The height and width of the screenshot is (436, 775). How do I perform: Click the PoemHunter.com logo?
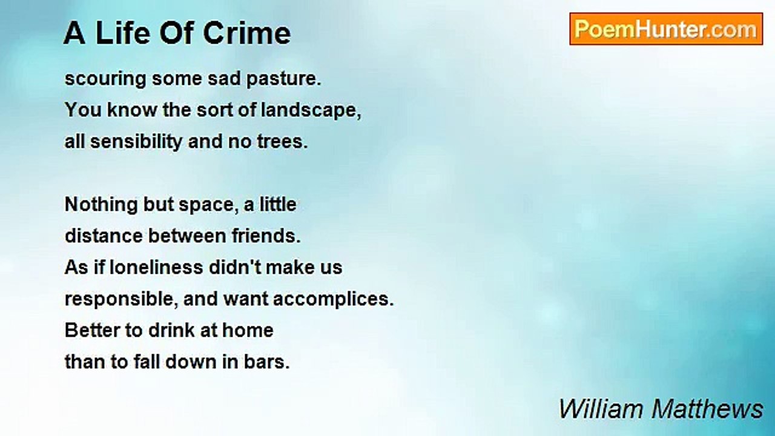[666, 29]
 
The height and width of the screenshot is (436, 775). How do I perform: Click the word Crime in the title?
[246, 33]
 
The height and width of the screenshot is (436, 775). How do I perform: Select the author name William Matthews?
[661, 409]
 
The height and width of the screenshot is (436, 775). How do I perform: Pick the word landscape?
[311, 110]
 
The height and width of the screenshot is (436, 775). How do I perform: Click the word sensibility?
[136, 142]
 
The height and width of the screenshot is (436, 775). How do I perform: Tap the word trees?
[282, 142]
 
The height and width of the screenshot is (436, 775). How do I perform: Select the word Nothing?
[101, 205]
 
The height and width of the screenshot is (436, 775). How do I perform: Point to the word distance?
[104, 236]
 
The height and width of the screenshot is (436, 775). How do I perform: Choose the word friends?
[266, 236]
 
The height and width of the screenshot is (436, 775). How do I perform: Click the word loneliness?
[156, 268]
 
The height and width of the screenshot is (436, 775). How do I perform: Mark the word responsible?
[122, 299]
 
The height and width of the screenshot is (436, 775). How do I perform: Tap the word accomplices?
[334, 299]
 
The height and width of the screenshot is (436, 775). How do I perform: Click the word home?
[248, 331]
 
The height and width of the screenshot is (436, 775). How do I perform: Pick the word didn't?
[234, 268]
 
